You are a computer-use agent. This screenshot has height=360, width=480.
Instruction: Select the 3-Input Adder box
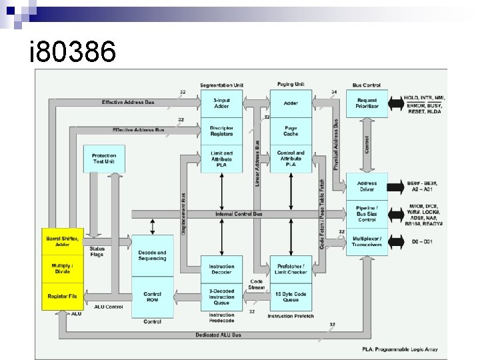pos(221,103)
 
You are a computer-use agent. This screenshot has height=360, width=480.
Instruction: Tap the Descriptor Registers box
pos(221,131)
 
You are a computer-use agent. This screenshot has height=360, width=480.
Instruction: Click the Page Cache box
pos(291,131)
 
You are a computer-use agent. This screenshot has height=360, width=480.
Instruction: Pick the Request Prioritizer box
pos(367,103)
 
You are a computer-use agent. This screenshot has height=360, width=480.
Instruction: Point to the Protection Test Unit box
pos(104,158)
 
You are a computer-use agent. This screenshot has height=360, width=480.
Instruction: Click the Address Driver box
pos(367,186)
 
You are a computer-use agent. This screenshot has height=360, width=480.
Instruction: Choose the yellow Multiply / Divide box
pos(62,269)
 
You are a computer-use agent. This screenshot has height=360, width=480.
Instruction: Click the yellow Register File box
pos(62,295)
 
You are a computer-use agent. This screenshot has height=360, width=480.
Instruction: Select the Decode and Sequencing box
pos(152,255)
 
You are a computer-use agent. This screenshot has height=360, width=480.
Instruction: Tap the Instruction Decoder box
pos(221,269)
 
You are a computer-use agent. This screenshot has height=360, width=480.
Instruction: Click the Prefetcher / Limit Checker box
pos(291,269)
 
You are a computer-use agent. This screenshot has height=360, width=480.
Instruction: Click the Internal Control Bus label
pos(239,214)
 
